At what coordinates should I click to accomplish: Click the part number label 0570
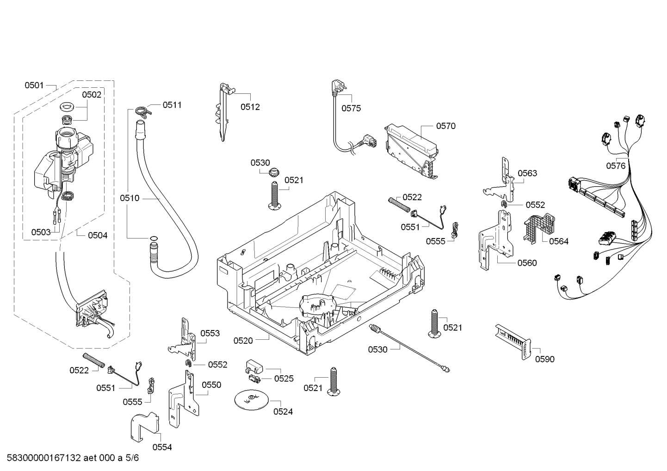pyautogui.click(x=446, y=126)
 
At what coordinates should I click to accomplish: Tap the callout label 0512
pyautogui.click(x=250, y=107)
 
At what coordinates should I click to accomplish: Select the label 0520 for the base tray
pyautogui.click(x=243, y=341)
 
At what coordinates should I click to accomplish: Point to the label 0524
pyautogui.click(x=283, y=411)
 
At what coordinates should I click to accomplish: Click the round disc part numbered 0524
pyautogui.click(x=251, y=400)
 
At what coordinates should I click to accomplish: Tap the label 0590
pyautogui.click(x=545, y=359)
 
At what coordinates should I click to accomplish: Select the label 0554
pyautogui.click(x=162, y=447)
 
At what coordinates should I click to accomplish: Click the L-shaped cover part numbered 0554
pyautogui.click(x=145, y=426)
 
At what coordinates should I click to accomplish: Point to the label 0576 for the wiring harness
pyautogui.click(x=616, y=165)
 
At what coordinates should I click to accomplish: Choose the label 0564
pyautogui.click(x=559, y=241)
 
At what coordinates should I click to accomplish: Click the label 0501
pyautogui.click(x=34, y=86)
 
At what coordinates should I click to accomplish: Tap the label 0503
pyautogui.click(x=41, y=232)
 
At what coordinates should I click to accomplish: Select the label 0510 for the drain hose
pyautogui.click(x=130, y=198)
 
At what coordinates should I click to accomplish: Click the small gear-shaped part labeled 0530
pyautogui.click(x=273, y=172)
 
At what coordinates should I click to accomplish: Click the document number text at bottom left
pyautogui.click(x=73, y=458)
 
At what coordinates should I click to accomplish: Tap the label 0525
pyautogui.click(x=284, y=379)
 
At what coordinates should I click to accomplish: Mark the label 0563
pyautogui.click(x=527, y=173)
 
